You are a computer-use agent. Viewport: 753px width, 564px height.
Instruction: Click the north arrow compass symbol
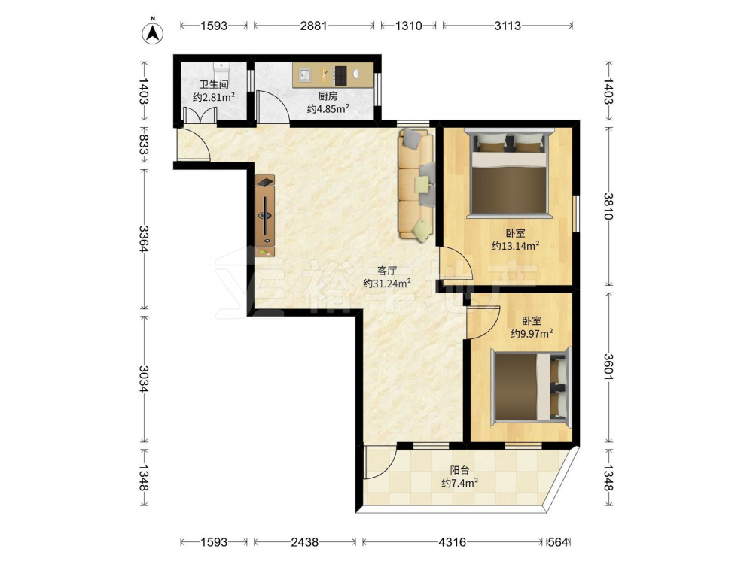[x=153, y=32]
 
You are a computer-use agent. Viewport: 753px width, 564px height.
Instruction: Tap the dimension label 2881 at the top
[x=313, y=26]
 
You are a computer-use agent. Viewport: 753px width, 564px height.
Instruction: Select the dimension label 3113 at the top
[x=508, y=26]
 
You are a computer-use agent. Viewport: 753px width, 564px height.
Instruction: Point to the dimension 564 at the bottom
[x=558, y=542]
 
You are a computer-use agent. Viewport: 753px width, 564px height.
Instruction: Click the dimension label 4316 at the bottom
[x=453, y=542]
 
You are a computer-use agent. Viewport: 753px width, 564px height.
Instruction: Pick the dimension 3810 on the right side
[x=608, y=206]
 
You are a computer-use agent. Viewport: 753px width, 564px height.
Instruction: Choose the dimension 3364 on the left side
[x=144, y=238]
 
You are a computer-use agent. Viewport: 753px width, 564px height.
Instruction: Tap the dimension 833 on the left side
[x=144, y=144]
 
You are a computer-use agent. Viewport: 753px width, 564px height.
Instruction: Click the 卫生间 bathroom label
[x=214, y=84]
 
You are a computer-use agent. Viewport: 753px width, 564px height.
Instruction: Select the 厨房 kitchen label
[x=328, y=96]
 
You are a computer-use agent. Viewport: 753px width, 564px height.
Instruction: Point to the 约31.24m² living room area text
[x=387, y=283]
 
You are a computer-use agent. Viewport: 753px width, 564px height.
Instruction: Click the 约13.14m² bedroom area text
[x=515, y=246]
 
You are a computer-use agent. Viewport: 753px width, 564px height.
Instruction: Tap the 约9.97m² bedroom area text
[x=531, y=333]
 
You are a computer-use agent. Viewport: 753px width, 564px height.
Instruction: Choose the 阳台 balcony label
[x=459, y=471]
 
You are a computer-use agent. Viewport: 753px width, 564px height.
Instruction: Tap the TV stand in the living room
[x=264, y=216]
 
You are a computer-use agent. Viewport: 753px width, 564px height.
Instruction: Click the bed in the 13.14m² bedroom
[x=509, y=174]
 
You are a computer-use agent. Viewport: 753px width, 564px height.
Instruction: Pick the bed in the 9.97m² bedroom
[x=531, y=387]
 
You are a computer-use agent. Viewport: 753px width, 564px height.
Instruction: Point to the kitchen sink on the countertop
[x=304, y=74]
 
